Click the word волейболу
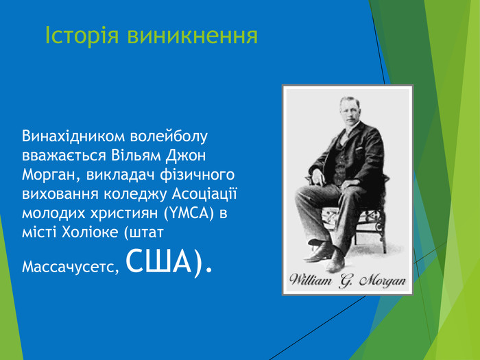tap(171, 136)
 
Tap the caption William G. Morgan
tap(348, 280)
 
